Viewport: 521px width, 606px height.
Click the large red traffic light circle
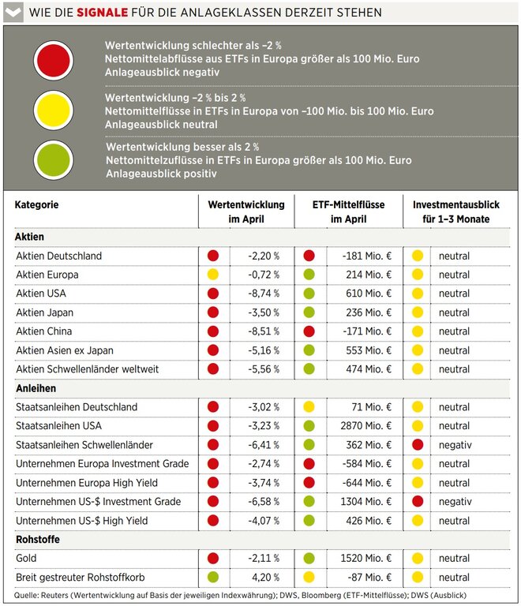(x=54, y=61)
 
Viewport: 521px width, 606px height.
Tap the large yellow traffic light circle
(x=54, y=110)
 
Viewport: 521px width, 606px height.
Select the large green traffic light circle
(x=54, y=159)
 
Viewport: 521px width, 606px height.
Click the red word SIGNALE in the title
(x=102, y=13)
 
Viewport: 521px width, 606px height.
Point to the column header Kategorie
(x=36, y=204)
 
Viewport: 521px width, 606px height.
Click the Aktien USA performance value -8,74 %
(x=264, y=294)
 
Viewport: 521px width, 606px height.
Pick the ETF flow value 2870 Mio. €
(x=365, y=426)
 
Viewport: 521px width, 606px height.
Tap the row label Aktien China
(x=44, y=331)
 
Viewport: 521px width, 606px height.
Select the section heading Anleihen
(x=36, y=388)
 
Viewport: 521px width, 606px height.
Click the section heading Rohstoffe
(x=38, y=539)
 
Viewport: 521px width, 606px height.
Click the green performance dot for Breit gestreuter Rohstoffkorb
(x=213, y=577)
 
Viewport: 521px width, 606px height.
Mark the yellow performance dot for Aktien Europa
(x=213, y=275)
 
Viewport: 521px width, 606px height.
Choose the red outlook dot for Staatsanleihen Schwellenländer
(x=418, y=444)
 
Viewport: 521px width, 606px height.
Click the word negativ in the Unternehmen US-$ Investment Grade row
(x=455, y=502)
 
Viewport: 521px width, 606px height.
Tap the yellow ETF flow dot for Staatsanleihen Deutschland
(x=309, y=406)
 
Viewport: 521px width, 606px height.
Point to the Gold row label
(x=26, y=558)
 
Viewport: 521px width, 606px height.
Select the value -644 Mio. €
(x=367, y=483)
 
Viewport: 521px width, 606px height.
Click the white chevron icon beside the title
(x=13, y=13)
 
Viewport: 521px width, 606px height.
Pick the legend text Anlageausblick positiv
(x=161, y=174)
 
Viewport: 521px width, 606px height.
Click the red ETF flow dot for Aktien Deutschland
(x=309, y=256)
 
